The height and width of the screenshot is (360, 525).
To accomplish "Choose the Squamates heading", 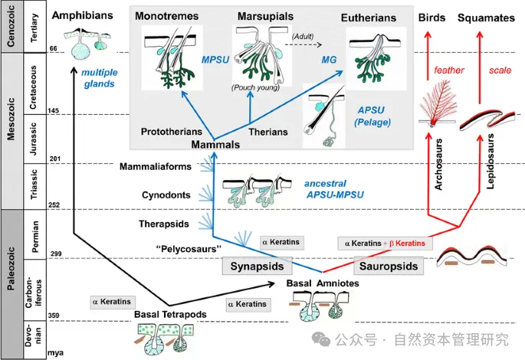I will point(485,16).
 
